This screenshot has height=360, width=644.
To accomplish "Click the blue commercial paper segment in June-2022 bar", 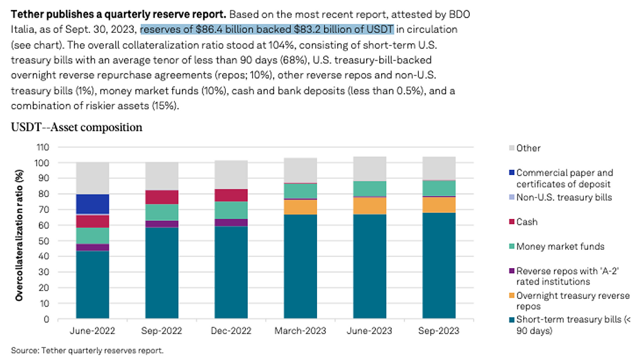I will click(92, 204).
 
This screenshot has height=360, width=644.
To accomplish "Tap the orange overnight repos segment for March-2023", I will click(299, 206).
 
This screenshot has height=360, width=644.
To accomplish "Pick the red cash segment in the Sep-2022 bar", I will click(162, 197).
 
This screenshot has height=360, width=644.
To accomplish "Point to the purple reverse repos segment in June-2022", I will click(92, 247).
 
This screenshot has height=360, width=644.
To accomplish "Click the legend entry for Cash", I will click(527, 222).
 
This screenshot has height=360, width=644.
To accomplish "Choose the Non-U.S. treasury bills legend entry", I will click(564, 197).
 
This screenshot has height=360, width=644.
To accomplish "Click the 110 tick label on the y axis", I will click(42, 147).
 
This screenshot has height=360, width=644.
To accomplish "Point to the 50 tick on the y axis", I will click(44, 241).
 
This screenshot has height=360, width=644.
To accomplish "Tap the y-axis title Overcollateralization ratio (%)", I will click(19, 233).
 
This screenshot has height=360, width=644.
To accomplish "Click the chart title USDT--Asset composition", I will click(76, 128).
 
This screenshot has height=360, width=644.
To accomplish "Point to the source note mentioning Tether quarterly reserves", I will click(87, 350).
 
